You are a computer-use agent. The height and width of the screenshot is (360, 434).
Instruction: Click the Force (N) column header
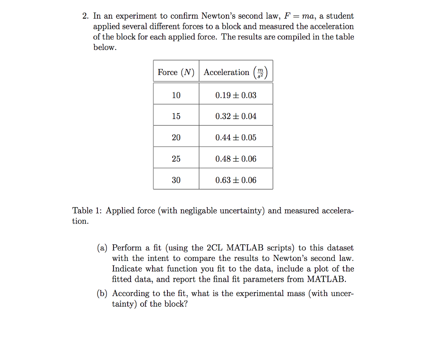coord(176,72)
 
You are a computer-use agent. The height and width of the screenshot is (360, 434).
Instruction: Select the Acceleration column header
coord(236,72)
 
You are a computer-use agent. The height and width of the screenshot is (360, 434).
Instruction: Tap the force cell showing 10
coord(176,95)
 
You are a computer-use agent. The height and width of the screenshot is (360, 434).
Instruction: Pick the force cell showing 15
coord(176,116)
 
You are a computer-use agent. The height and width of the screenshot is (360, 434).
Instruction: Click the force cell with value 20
coord(176,138)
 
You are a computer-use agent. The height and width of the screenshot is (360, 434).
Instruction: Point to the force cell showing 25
coord(176,159)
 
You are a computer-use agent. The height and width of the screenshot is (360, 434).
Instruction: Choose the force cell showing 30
coord(176,180)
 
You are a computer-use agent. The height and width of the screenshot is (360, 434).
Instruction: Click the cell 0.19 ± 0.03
coord(236,95)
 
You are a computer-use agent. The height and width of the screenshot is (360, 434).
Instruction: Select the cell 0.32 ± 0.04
coord(236,116)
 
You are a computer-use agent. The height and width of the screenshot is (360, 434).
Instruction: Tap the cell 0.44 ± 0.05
coord(236,138)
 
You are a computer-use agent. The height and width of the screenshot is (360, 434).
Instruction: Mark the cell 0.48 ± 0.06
coord(236,159)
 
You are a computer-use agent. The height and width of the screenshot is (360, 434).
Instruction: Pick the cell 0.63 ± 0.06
coord(236,180)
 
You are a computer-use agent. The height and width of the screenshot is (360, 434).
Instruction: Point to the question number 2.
coord(86,17)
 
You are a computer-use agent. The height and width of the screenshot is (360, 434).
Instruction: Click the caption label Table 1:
coord(87,211)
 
